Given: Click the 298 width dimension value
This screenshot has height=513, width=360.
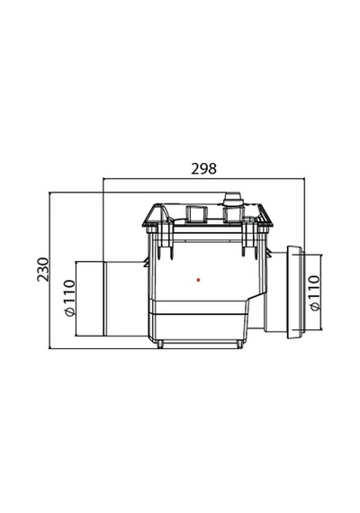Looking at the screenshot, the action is pyautogui.click(x=203, y=169).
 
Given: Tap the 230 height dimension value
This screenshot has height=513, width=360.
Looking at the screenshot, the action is pyautogui.click(x=42, y=269).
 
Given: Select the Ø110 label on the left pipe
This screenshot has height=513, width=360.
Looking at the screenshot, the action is pyautogui.click(x=69, y=298).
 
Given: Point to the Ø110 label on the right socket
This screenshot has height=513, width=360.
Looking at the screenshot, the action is pyautogui.click(x=314, y=292).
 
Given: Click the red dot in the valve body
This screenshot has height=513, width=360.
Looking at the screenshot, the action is pyautogui.click(x=198, y=280).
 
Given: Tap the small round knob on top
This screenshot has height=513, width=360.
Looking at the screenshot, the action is pyautogui.click(x=232, y=199).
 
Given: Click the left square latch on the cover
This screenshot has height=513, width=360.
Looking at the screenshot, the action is pyautogui.click(x=196, y=213).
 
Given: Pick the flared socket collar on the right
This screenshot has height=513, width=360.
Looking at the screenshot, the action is pyautogui.click(x=294, y=292).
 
